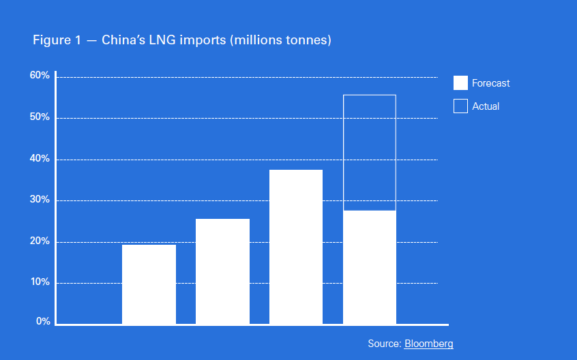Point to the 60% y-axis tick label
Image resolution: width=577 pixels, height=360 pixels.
tap(40, 76)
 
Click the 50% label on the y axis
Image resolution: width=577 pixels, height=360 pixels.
tap(40, 117)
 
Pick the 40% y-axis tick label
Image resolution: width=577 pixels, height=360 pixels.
tap(40, 159)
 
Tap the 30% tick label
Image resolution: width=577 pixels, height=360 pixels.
tap(40, 200)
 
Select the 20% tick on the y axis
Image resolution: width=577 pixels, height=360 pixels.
tap(40, 241)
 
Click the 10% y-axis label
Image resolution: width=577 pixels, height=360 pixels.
tap(40, 282)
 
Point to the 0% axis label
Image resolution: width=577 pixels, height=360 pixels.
tap(42, 321)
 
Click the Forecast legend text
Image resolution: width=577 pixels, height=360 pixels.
tap(490, 83)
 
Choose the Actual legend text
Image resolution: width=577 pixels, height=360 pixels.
tap(486, 106)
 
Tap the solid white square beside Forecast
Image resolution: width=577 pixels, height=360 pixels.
tap(460, 83)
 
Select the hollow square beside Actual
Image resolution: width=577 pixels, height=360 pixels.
tap(460, 106)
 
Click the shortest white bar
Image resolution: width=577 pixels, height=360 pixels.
tap(149, 284)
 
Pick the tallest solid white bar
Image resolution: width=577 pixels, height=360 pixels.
tap(296, 247)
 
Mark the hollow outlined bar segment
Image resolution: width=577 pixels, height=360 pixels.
tap(370, 152)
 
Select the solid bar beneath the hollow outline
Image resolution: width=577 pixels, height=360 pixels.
tap(370, 267)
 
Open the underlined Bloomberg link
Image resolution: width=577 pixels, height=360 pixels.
tap(428, 344)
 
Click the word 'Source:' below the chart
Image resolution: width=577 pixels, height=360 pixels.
tap(385, 344)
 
